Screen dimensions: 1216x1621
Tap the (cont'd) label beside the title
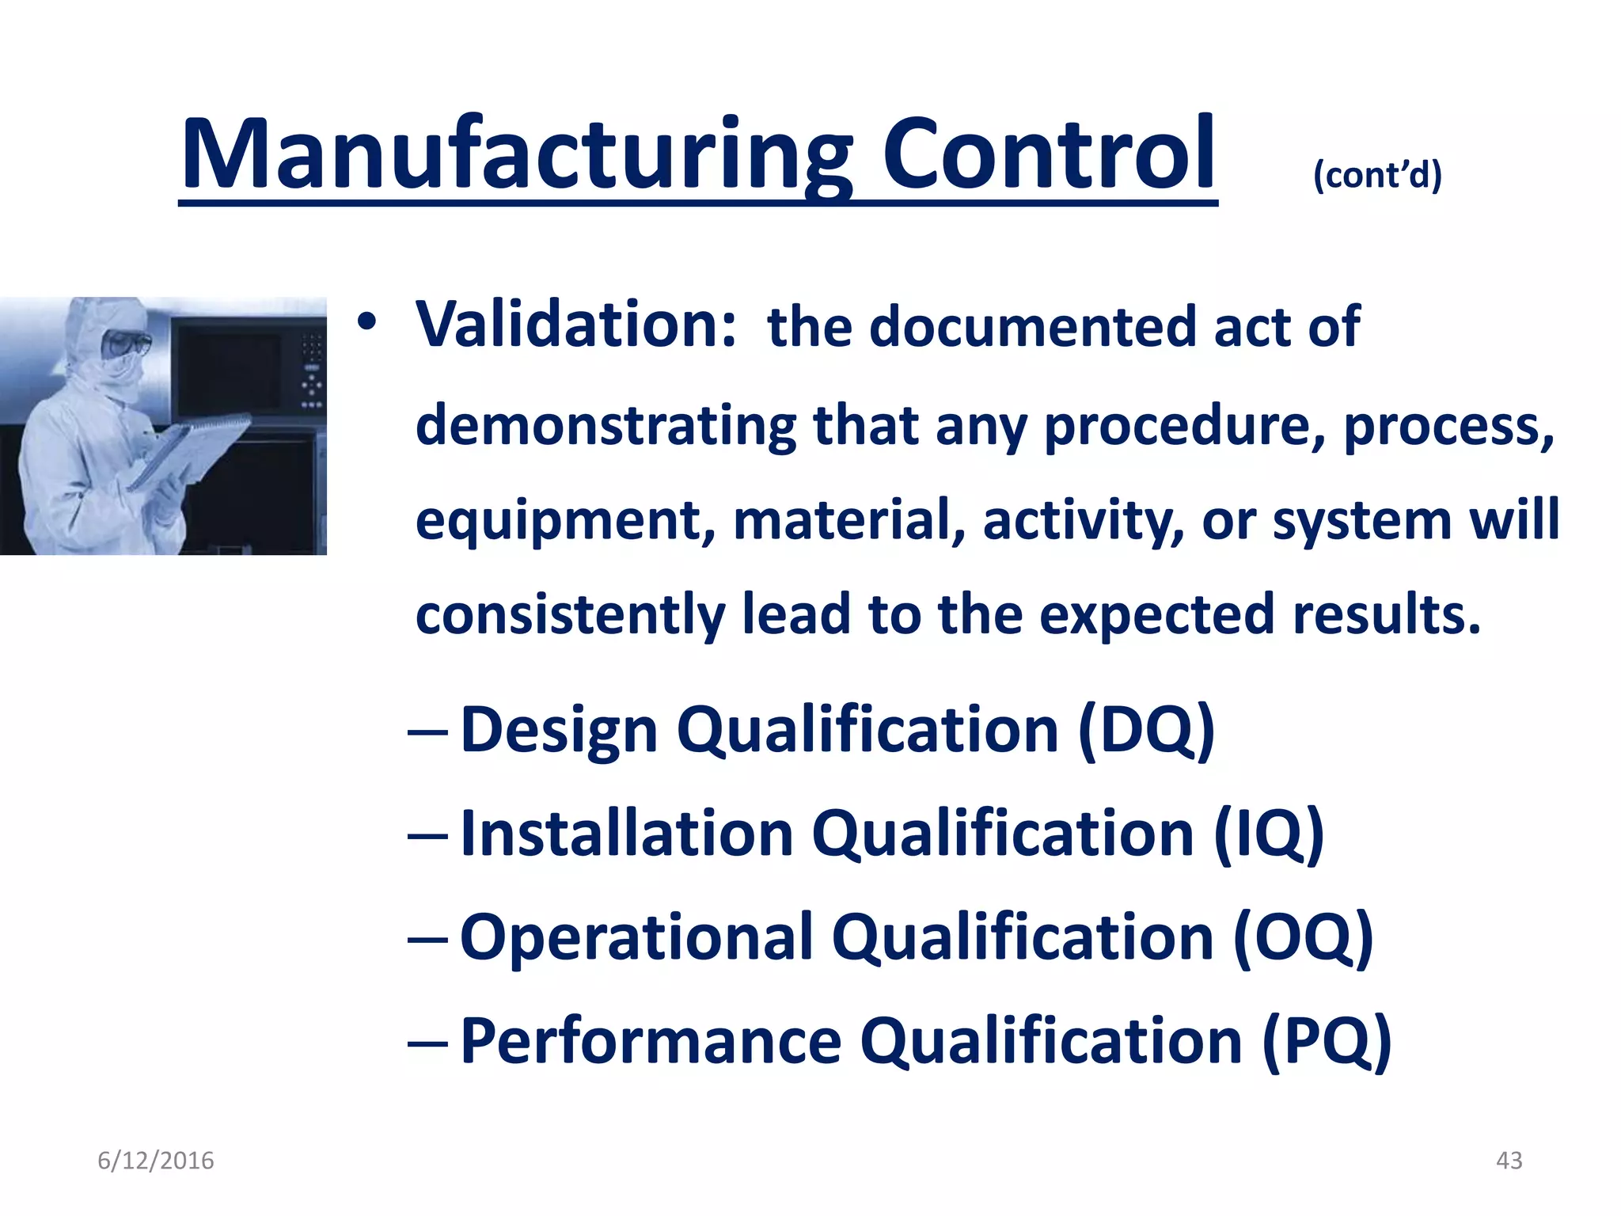point(1377,175)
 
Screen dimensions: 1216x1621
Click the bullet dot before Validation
point(366,322)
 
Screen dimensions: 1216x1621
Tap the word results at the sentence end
point(1385,615)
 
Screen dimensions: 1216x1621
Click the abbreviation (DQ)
point(1146,730)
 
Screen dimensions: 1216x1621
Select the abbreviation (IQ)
point(1269,834)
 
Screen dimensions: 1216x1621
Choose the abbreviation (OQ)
point(1303,937)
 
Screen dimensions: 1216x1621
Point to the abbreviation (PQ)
point(1327,1042)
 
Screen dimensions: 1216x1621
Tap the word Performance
point(651,1042)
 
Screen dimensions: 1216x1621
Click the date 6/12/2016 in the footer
point(156,1161)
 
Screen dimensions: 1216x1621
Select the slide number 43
point(1509,1161)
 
